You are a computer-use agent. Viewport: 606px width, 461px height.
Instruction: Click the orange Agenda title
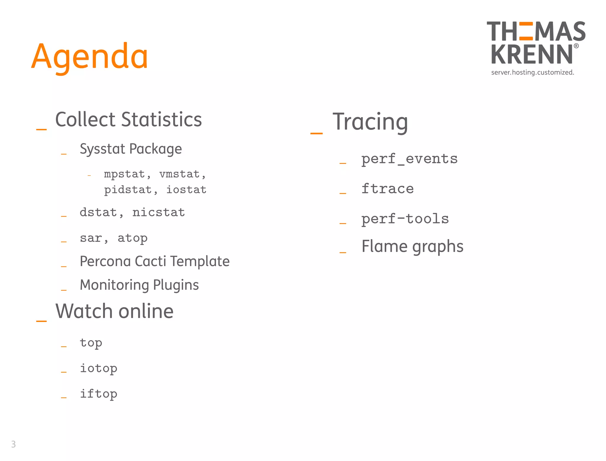pos(89,56)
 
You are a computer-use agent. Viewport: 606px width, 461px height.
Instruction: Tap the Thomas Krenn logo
pos(535,43)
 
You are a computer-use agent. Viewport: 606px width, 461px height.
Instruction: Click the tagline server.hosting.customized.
pos(532,72)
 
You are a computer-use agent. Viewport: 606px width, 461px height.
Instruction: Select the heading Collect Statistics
pos(128,120)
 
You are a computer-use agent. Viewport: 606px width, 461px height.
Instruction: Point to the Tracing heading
pos(370,122)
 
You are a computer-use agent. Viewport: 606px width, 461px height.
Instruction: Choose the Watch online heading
pos(114,311)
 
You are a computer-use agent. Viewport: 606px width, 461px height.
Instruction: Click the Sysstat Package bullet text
pos(131,149)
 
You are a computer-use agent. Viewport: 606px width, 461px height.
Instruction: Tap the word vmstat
pos(180,174)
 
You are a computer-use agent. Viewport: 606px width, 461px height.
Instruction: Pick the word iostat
pos(186,190)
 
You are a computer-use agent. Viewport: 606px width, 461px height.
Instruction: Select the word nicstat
pos(159,212)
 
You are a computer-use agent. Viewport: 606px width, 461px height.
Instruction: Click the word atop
pos(132,238)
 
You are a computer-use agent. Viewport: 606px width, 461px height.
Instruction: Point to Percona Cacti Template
pos(154,261)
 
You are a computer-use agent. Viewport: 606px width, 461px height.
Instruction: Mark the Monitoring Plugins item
pos(139,285)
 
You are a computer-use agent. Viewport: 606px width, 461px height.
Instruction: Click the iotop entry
pos(99,368)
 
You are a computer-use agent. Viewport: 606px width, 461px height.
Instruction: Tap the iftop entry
pos(99,394)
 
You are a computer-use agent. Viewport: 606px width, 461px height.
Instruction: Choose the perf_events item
pos(409,159)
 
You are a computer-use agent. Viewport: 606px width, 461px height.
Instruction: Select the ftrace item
pos(387,189)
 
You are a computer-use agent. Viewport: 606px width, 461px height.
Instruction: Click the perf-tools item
pos(405,219)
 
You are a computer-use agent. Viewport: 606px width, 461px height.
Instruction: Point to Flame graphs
pos(412,246)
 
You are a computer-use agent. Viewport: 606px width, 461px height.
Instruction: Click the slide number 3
pos(13,444)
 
